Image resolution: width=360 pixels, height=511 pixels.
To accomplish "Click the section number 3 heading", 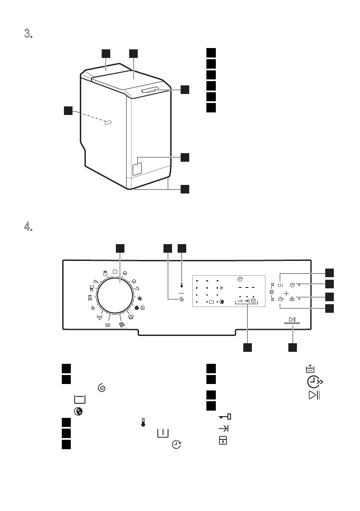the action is [28, 33].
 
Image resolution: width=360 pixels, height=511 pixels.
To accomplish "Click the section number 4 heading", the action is [28, 226].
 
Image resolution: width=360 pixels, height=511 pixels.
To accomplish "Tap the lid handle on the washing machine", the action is [150, 91].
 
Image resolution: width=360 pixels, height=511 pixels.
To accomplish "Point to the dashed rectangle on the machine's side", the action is [108, 122].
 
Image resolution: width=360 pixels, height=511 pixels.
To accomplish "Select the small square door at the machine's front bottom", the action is [137, 169].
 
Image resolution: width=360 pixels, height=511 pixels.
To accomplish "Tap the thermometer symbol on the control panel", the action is [182, 285].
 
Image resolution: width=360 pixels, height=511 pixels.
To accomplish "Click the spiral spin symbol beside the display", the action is [182, 299].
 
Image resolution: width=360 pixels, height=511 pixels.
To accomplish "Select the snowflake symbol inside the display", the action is [221, 288].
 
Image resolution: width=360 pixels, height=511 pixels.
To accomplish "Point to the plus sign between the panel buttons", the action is [286, 293].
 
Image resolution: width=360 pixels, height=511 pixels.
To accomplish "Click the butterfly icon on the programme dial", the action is [131, 317].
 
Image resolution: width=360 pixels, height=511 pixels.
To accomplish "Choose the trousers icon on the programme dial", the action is [90, 297].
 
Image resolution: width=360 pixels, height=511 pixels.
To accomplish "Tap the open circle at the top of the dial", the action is [115, 272].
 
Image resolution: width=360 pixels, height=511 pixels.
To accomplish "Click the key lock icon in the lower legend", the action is [224, 417].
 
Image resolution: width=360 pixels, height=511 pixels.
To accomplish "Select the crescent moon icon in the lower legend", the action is [78, 411].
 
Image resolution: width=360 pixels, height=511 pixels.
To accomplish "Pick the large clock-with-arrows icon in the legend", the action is [315, 381].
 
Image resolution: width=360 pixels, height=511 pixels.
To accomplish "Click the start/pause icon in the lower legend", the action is [314, 395].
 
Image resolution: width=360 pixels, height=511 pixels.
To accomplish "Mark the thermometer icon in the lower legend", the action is [143, 423].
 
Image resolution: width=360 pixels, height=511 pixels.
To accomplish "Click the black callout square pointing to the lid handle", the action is [185, 89].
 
